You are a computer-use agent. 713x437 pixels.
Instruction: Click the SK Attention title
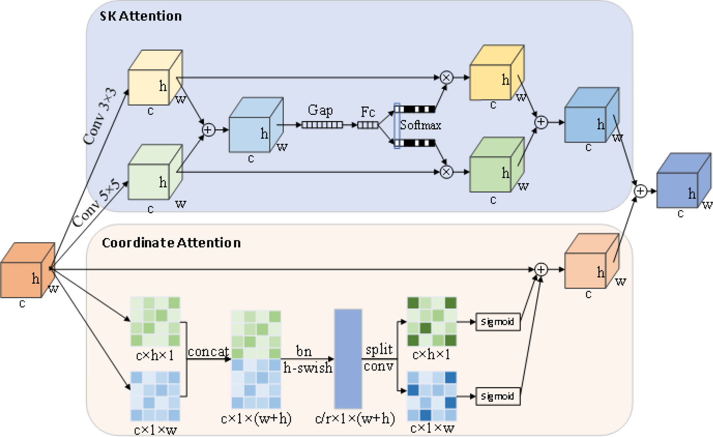(x=141, y=16)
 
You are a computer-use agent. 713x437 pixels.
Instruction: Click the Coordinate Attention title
(x=171, y=243)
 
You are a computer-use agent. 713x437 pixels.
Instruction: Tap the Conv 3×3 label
(x=99, y=116)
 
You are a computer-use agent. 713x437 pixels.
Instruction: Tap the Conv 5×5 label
(x=96, y=203)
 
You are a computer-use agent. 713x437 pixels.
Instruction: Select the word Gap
(x=320, y=110)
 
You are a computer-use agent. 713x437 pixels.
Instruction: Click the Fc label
(x=367, y=112)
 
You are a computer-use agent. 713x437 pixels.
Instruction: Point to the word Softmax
(x=420, y=125)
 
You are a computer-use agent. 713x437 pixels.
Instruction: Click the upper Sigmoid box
(x=497, y=322)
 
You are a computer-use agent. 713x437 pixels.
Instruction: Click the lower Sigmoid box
(x=497, y=397)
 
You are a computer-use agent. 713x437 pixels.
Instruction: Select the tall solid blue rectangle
(x=348, y=359)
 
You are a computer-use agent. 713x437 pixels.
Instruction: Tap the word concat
(x=208, y=352)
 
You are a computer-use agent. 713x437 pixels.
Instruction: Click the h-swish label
(x=308, y=368)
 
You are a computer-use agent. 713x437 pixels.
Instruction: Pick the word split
(x=379, y=349)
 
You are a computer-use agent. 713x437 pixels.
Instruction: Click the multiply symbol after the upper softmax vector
(x=446, y=77)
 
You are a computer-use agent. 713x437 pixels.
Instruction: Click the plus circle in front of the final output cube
(x=640, y=191)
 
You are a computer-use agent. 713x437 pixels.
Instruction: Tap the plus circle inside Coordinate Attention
(x=541, y=269)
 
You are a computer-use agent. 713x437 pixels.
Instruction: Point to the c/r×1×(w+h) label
(x=355, y=419)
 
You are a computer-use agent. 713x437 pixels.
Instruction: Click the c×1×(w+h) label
(x=256, y=419)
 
